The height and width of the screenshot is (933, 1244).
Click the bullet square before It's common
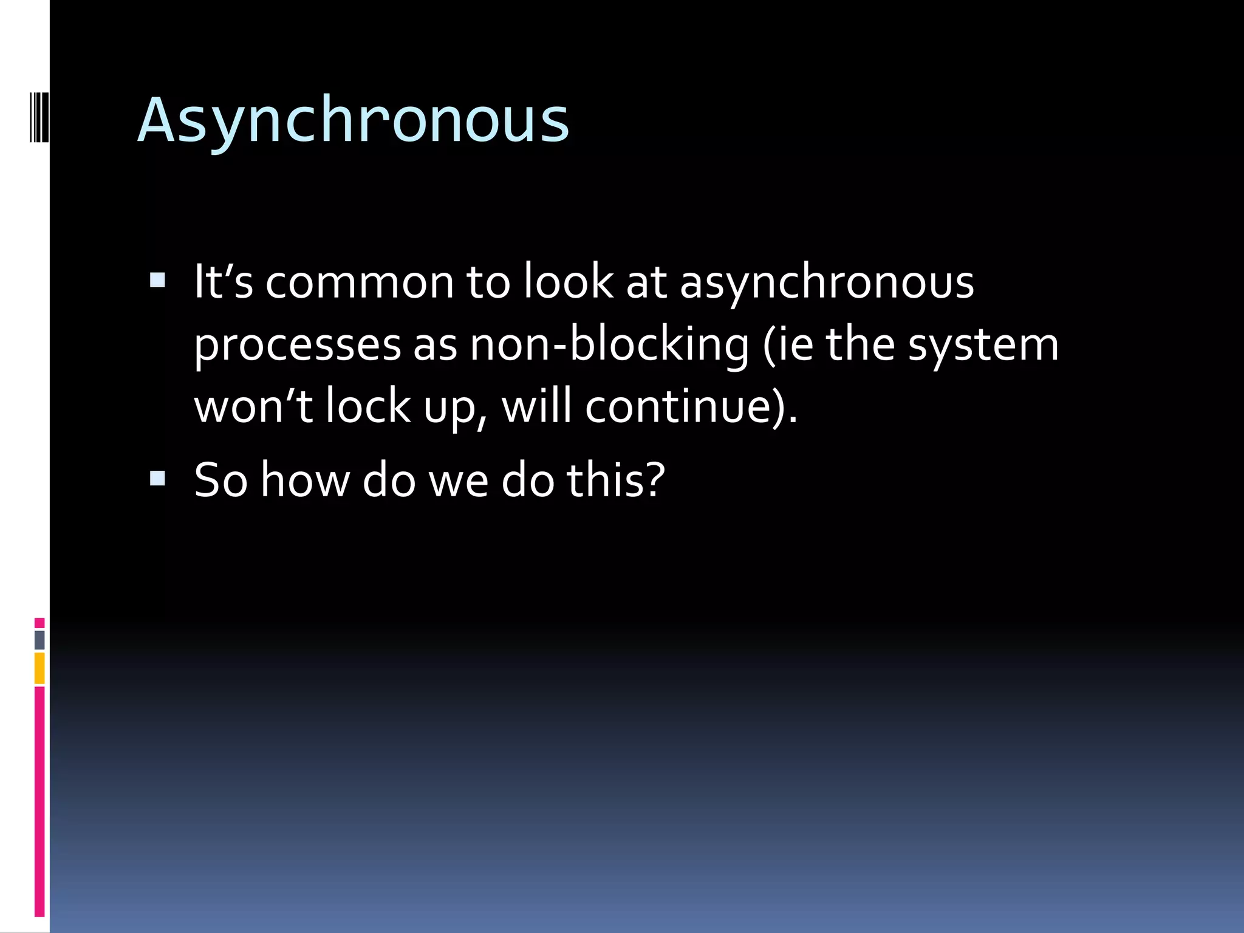[x=157, y=280]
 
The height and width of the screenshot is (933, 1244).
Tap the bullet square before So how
[x=157, y=478]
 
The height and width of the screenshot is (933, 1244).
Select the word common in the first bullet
[x=360, y=282]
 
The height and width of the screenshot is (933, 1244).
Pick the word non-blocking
[x=609, y=344]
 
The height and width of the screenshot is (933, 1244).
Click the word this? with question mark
[x=616, y=480]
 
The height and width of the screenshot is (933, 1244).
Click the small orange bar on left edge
[x=39, y=668]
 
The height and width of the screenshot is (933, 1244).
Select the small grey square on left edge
[x=39, y=640]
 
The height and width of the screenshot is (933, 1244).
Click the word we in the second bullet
[x=459, y=480]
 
